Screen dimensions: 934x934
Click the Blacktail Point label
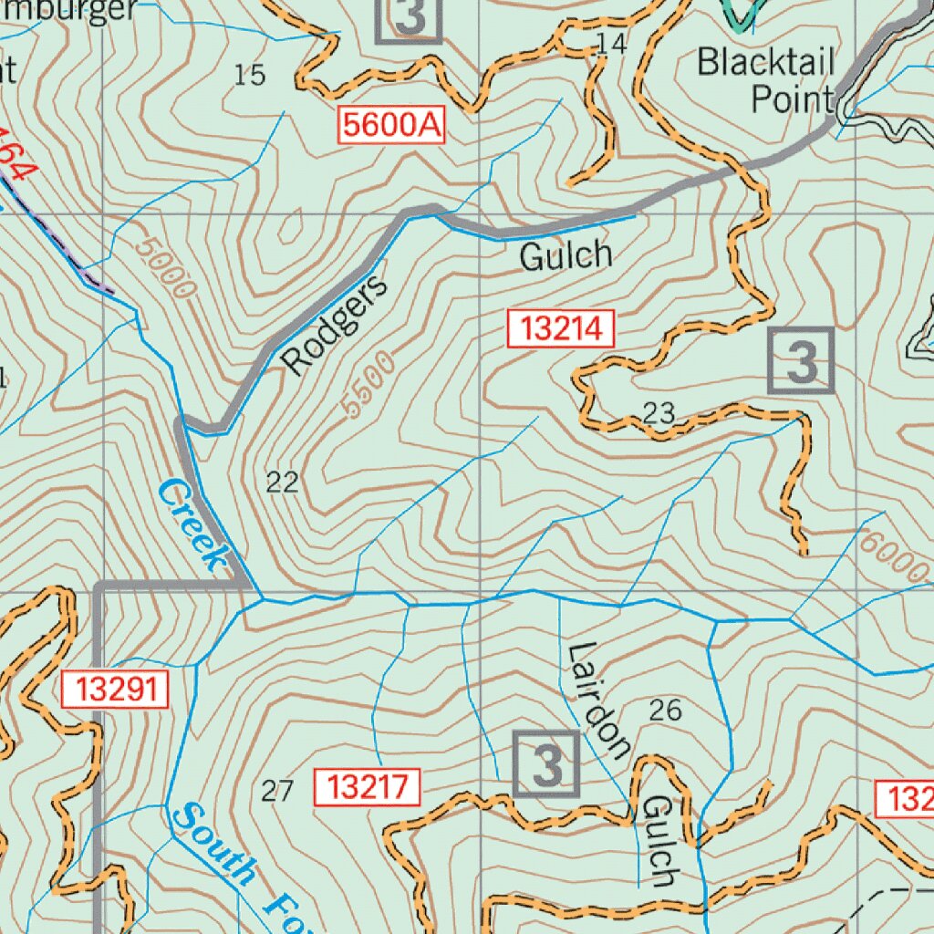point(766,80)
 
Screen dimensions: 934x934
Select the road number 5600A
point(393,125)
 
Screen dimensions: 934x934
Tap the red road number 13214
point(562,328)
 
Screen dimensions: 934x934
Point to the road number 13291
point(117,689)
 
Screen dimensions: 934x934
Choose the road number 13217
point(368,786)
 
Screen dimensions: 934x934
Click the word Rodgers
point(335,325)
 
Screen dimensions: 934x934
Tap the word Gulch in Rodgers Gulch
point(566,256)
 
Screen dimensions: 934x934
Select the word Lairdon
point(598,700)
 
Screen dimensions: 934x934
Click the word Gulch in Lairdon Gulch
point(658,840)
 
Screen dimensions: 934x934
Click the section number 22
point(283,483)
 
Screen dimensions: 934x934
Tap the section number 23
point(659,413)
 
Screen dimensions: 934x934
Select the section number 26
point(665,710)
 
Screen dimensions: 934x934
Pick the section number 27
point(277,791)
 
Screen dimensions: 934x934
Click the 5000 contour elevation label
point(164,268)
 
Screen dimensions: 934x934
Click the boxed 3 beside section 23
point(802,361)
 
